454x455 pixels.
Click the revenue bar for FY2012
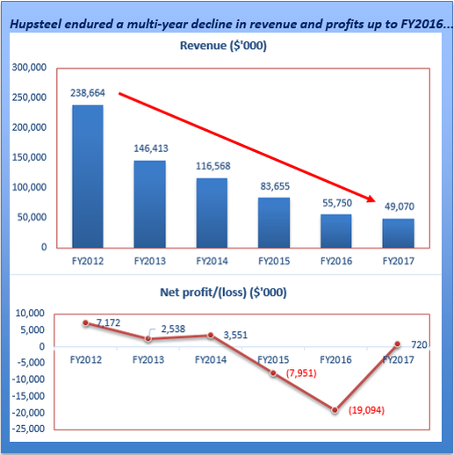coord(87,176)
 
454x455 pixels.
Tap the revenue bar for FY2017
coord(398,233)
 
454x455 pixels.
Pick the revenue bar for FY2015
coord(274,222)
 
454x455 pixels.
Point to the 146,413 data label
coord(149,149)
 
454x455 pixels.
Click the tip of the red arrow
coord(377,201)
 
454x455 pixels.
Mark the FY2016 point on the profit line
coord(335,410)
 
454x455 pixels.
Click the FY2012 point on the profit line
coord(86,322)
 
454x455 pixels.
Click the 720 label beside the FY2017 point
coord(419,345)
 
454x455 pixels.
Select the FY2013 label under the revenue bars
coord(149,261)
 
